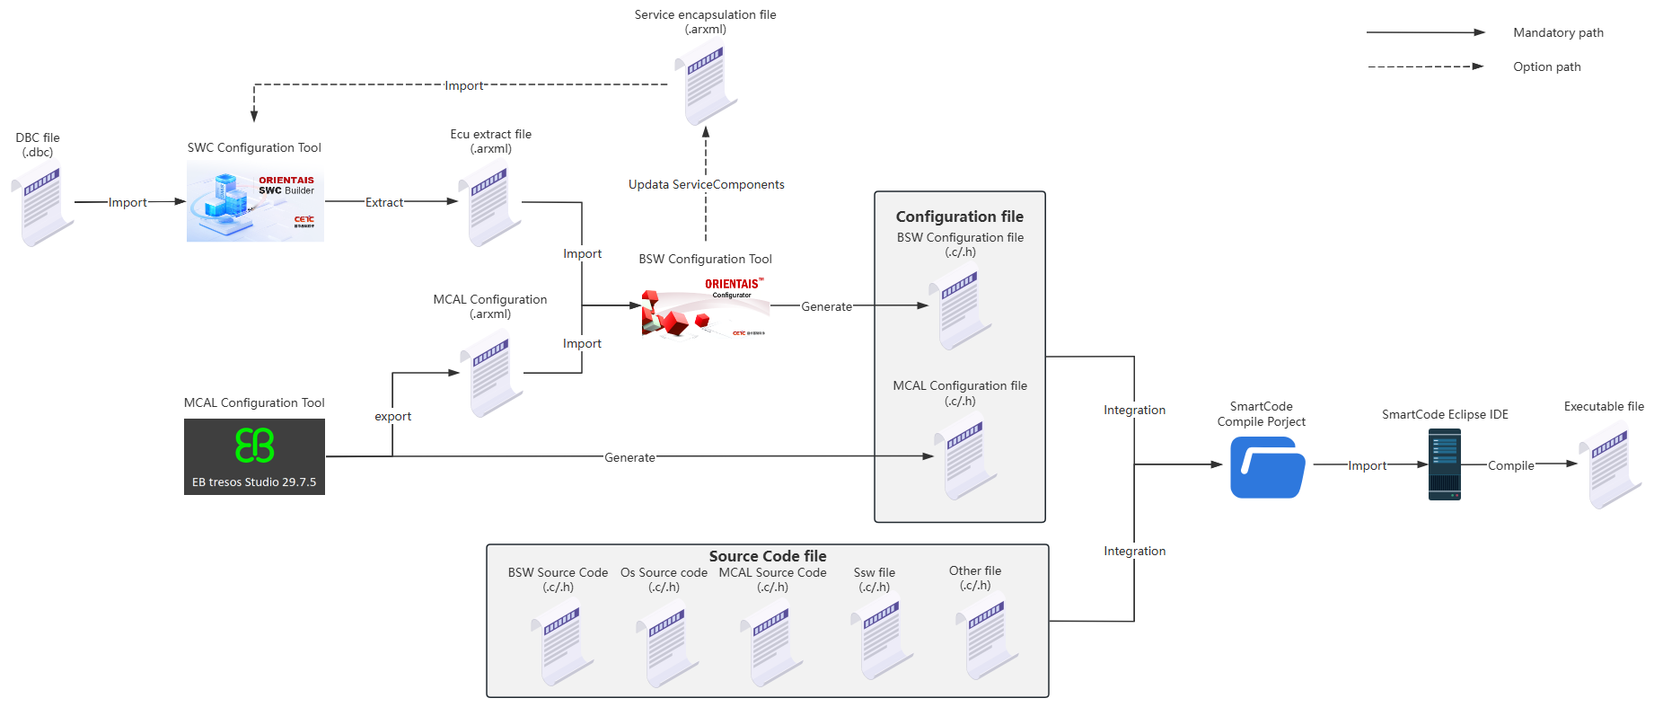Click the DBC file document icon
[42, 206]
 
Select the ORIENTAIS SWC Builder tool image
[255, 202]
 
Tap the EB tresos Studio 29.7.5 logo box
[254, 456]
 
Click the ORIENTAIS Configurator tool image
[706, 306]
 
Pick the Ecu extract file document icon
[489, 205]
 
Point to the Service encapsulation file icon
[706, 82]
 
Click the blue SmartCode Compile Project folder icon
[1267, 467]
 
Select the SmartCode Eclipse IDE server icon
[1444, 464]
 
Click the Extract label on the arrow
[384, 203]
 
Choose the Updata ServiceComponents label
[706, 185]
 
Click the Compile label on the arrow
[1510, 465]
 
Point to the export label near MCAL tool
[392, 417]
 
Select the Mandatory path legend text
[1558, 33]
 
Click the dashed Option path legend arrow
[1424, 66]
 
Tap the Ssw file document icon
[881, 641]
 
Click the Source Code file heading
[767, 556]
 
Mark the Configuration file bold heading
[959, 217]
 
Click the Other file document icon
[986, 641]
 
